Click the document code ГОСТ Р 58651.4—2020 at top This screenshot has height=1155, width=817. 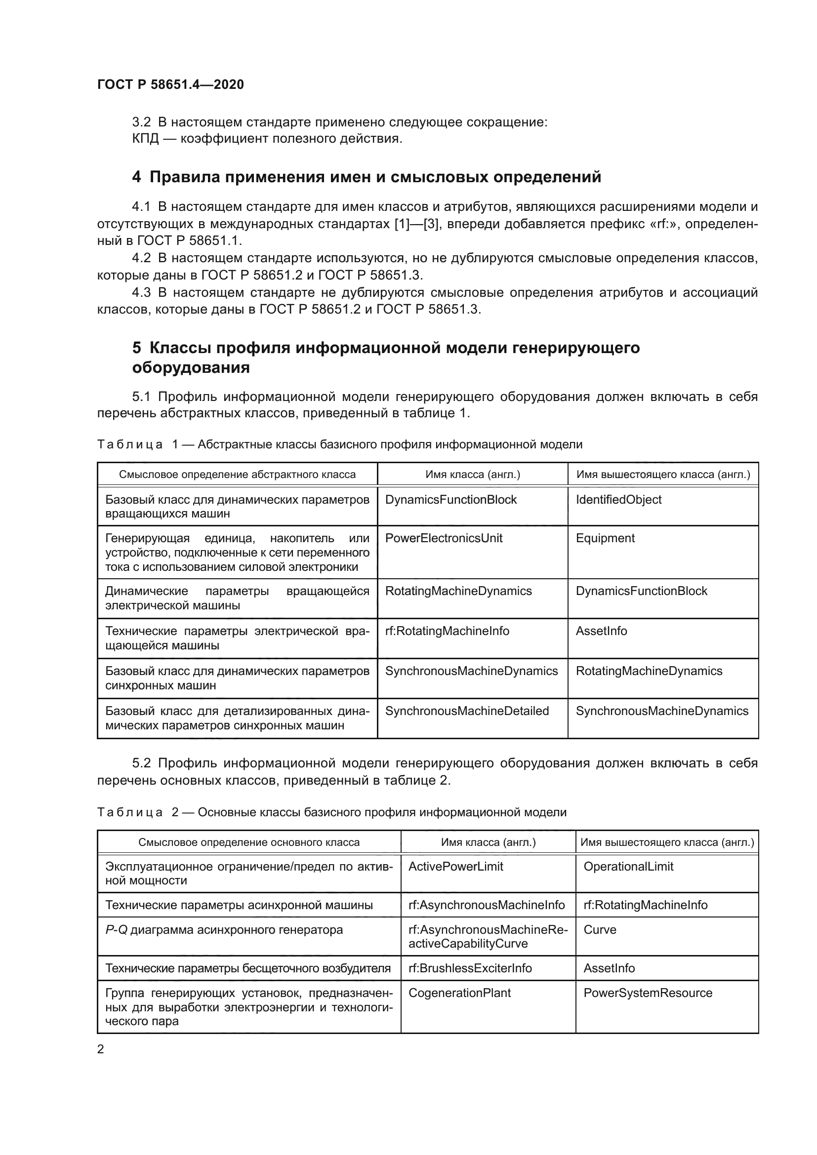170,84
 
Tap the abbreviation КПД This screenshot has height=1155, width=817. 145,139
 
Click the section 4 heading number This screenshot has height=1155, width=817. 136,177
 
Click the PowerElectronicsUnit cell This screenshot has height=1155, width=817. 444,538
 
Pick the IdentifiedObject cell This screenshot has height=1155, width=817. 618,500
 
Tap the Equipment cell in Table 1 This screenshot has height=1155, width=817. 605,538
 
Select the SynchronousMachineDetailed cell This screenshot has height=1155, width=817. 467,711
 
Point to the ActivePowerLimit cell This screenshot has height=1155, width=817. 456,866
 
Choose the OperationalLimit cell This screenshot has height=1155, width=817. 628,866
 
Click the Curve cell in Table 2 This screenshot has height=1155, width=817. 600,930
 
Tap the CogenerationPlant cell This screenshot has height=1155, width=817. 459,993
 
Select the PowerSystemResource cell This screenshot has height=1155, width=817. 648,993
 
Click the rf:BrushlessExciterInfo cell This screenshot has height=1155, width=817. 470,968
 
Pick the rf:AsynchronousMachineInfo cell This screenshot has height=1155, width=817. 487,905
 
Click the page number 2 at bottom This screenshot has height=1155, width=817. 101,1049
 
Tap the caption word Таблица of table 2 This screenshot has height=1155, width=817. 130,812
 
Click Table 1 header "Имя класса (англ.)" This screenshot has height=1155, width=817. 472,475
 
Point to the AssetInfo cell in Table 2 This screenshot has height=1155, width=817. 609,968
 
